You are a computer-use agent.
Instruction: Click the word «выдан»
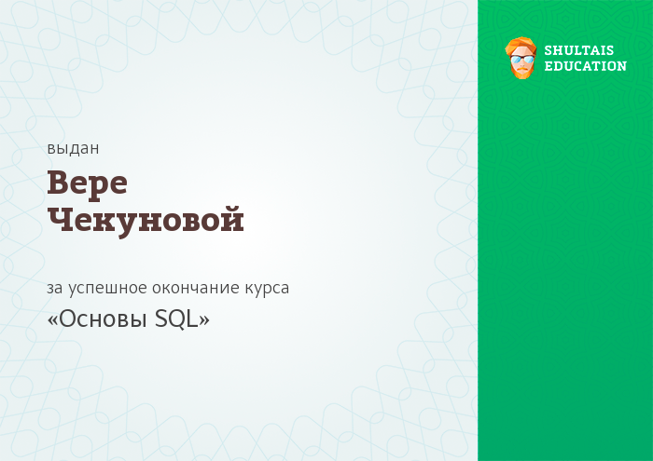(x=73, y=148)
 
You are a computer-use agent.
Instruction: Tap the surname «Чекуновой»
(x=146, y=221)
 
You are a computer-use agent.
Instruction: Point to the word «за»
(x=54, y=288)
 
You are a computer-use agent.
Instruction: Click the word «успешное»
(x=108, y=289)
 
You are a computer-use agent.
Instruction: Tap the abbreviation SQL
(x=175, y=319)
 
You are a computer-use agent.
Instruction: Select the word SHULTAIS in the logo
(x=579, y=50)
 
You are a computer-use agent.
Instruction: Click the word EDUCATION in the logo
(x=585, y=66)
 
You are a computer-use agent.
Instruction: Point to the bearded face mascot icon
(x=521, y=58)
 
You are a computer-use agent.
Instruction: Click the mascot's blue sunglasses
(x=522, y=60)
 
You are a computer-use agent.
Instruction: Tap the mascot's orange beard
(x=521, y=72)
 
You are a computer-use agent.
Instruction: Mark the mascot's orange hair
(x=521, y=46)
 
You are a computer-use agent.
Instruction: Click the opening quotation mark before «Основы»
(x=52, y=320)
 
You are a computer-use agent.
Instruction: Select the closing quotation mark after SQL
(x=204, y=320)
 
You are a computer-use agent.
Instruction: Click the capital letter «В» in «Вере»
(x=58, y=183)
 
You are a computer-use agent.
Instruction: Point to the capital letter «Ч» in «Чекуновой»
(x=61, y=219)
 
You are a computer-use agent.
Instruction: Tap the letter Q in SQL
(x=175, y=320)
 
